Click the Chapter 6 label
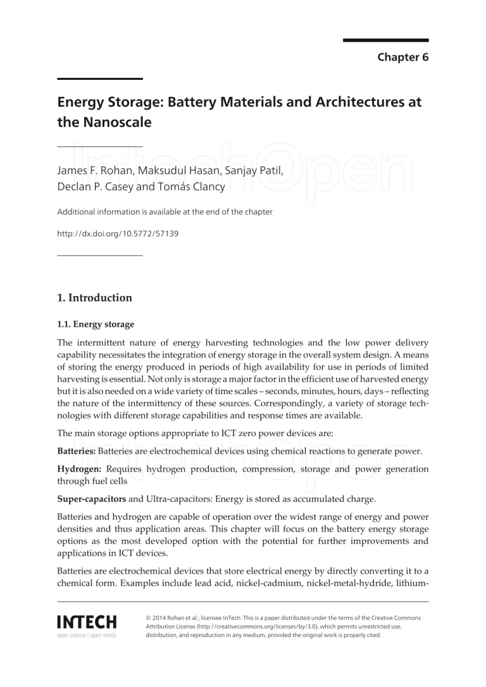[x=403, y=58]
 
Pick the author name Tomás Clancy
[x=186, y=187]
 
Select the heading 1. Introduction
[x=95, y=297]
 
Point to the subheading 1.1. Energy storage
[x=96, y=324]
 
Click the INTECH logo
[x=87, y=620]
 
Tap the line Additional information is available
[x=165, y=212]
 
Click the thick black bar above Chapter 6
[x=385, y=40]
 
